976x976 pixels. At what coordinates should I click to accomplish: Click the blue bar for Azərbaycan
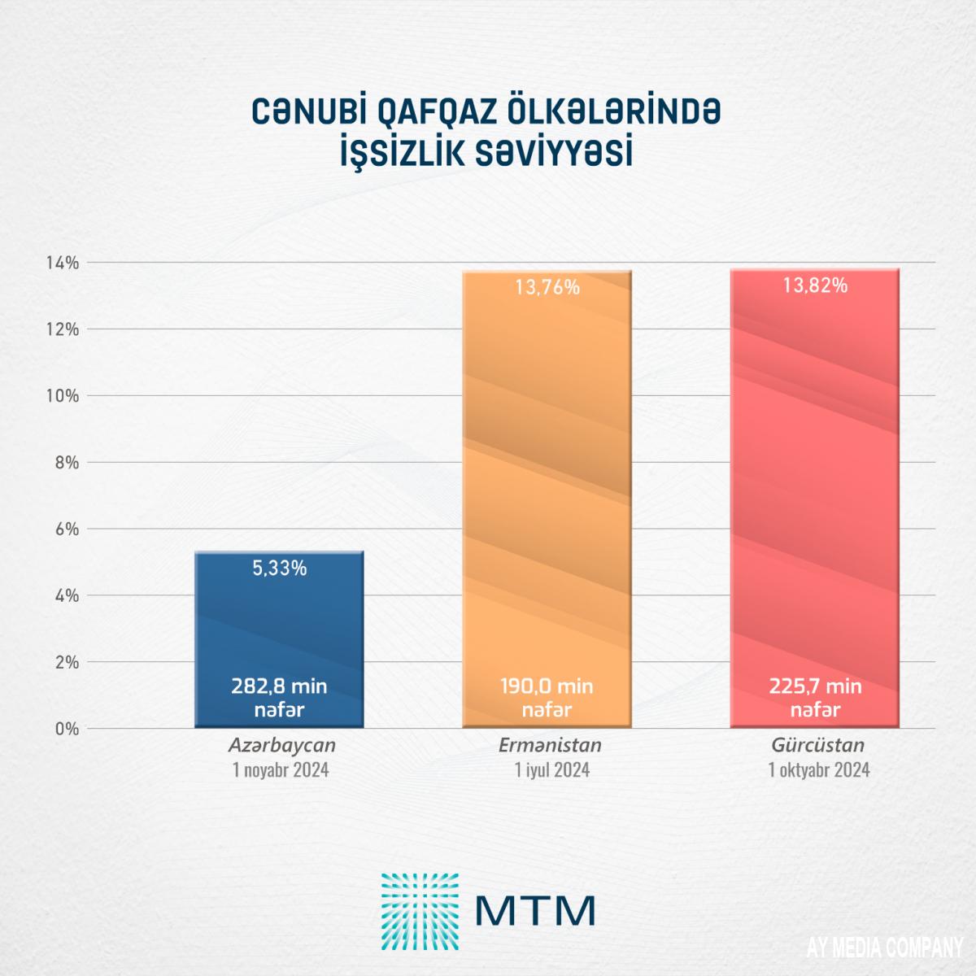279,626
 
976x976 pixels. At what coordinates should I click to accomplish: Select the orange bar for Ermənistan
547,488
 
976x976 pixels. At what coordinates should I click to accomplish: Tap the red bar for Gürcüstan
815,488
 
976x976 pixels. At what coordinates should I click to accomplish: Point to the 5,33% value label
279,569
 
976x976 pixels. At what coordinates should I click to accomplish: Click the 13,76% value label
547,287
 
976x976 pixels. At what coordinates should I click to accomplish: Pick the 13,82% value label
815,285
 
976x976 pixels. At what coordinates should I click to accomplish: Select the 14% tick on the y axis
63,263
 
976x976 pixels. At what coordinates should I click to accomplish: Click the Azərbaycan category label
281,745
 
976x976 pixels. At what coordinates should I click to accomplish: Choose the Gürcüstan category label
818,745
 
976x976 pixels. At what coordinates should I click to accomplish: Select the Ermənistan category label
550,745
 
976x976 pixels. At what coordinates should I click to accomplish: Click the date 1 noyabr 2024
281,770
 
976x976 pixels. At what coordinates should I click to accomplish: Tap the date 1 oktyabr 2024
819,770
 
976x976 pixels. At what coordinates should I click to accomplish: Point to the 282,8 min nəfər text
279,698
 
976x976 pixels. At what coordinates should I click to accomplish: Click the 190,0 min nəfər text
547,698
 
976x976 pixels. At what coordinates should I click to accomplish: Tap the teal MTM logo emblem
420,912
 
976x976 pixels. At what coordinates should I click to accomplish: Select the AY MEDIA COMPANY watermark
885,948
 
